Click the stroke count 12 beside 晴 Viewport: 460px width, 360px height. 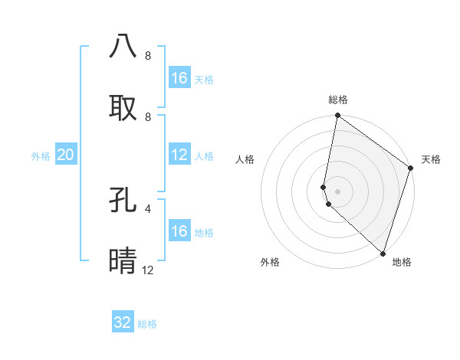click(147, 270)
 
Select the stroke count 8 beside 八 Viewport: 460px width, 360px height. click(147, 56)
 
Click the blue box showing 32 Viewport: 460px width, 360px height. click(123, 322)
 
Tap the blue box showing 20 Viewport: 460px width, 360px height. click(65, 155)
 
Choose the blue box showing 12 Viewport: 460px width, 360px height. click(179, 155)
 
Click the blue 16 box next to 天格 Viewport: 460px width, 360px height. click(179, 78)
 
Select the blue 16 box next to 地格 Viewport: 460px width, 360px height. click(179, 231)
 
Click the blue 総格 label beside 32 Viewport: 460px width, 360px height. click(147, 324)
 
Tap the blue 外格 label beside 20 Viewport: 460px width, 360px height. click(41, 155)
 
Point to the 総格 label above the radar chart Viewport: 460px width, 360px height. click(338, 100)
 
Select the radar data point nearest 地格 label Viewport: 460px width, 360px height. click(383, 253)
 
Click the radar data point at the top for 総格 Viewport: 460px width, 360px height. click(337, 116)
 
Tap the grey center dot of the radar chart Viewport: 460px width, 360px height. click(337, 191)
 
